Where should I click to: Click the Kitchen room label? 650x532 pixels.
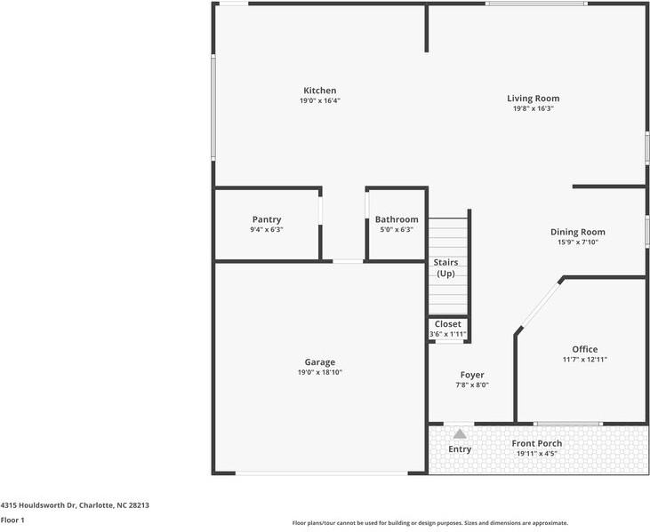(319, 91)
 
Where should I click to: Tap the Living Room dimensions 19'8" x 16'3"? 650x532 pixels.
(534, 109)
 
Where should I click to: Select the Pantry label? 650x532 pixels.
(267, 219)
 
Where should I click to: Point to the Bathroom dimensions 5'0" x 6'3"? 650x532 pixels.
(397, 230)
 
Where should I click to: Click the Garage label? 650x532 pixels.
(319, 362)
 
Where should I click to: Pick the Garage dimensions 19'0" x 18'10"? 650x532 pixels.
(319, 373)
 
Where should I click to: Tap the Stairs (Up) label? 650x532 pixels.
(446, 268)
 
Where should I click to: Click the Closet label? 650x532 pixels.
(447, 324)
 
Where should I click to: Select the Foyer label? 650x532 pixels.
(472, 375)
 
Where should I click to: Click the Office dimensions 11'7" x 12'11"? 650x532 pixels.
(585, 360)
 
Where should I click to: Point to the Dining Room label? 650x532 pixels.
(578, 233)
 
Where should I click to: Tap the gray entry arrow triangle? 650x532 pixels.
(460, 434)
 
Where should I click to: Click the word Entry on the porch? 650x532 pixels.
(460, 449)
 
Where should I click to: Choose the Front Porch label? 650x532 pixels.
(537, 443)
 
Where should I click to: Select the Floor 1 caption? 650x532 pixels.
(12, 520)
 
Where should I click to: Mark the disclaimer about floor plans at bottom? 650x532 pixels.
(430, 523)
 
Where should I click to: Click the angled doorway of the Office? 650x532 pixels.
(540, 306)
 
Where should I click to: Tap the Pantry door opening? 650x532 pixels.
(320, 210)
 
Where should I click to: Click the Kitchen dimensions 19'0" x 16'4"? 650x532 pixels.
(320, 101)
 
